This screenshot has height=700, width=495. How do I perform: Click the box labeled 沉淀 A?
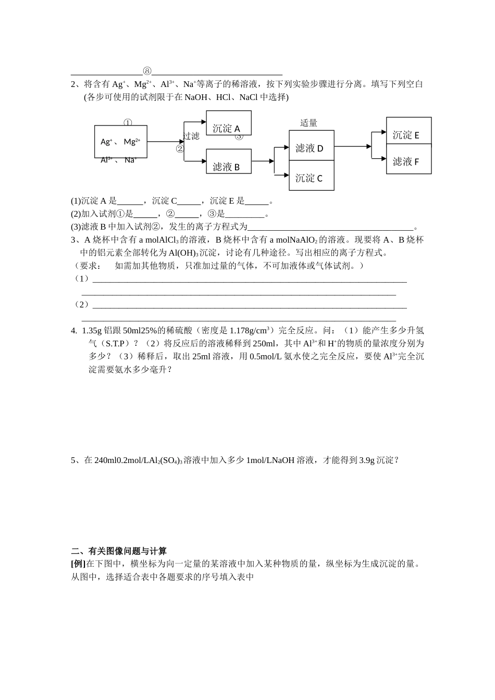point(229,123)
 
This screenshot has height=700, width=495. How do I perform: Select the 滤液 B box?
point(229,161)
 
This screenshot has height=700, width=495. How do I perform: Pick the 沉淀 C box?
point(312,175)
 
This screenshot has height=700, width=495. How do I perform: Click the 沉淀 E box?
point(409,131)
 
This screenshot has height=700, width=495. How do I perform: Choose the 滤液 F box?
point(409,159)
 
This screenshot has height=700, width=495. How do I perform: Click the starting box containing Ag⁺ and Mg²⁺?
point(120,141)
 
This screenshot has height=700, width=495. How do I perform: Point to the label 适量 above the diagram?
point(308,123)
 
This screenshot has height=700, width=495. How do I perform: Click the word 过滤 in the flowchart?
point(191,136)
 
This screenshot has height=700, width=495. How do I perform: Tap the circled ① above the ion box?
point(128,123)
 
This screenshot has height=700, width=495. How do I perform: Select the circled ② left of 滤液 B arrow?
point(180,148)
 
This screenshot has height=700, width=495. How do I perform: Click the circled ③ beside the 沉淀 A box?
point(239,136)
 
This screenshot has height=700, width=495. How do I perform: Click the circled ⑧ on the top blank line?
point(147,71)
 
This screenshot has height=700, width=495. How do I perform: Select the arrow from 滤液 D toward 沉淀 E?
point(352,146)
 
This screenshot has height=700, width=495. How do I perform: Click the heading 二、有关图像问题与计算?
point(119,551)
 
